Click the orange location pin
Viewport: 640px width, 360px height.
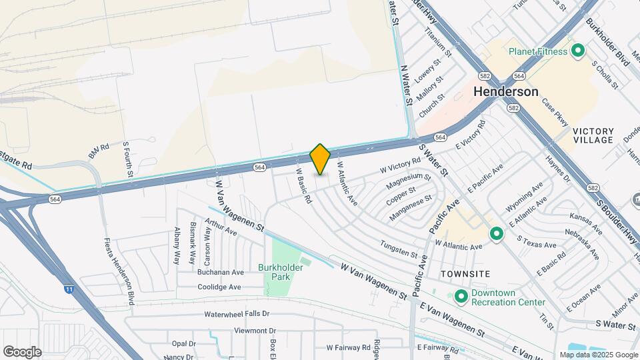pyautogui.click(x=320, y=159)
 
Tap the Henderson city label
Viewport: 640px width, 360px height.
pyautogui.click(x=506, y=92)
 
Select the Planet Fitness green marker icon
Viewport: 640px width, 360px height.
pyautogui.click(x=578, y=51)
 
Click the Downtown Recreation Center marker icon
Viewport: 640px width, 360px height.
pyautogui.click(x=461, y=296)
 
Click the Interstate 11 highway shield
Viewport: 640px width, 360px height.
pyautogui.click(x=69, y=289)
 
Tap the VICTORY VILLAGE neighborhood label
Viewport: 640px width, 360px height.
pyautogui.click(x=592, y=135)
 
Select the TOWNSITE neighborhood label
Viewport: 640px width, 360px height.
pyautogui.click(x=465, y=274)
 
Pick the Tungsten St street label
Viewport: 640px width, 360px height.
pyautogui.click(x=398, y=250)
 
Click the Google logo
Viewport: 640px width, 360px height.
pyautogui.click(x=22, y=351)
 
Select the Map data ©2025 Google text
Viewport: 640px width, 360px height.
pyautogui.click(x=597, y=355)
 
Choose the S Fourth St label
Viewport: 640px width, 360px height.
pyautogui.click(x=127, y=159)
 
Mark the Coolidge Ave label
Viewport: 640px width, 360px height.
pyautogui.click(x=219, y=287)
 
